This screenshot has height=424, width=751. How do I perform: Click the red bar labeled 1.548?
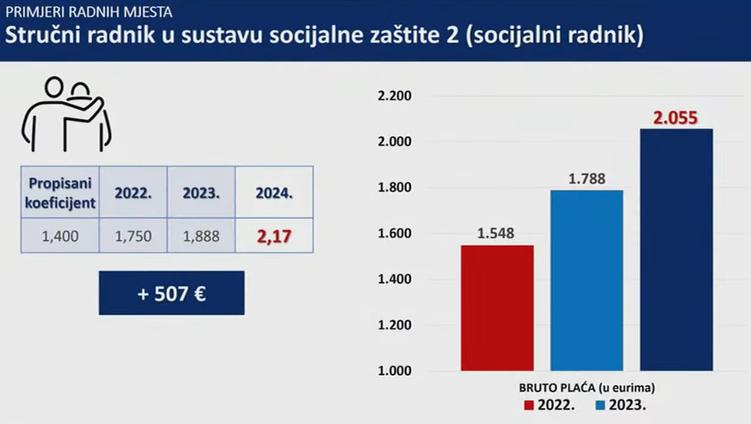pos(497,307)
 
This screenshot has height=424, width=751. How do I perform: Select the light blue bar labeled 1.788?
pos(586,280)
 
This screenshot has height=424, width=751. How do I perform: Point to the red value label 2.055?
pos(676,117)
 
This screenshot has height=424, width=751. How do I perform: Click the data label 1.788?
pos(586,179)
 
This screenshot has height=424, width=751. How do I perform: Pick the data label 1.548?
pos(497,233)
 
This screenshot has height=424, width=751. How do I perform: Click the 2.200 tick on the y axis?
pos(394,96)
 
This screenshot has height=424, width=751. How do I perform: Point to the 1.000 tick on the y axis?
pos(394,371)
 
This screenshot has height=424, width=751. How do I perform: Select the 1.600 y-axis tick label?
pos(394,233)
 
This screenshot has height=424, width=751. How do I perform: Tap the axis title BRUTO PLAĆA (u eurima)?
pos(586,388)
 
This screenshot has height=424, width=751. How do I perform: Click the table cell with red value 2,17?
pos(274,236)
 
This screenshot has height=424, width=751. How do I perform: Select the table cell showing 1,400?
pos(60,236)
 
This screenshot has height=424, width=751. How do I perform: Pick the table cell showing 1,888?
pos(201,236)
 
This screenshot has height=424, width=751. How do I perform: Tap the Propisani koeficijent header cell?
pos(60,193)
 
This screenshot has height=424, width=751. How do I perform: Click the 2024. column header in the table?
pos(274,193)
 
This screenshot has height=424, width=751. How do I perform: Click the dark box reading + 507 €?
pos(171,293)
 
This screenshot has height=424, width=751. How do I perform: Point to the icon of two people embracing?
pos(67,114)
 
